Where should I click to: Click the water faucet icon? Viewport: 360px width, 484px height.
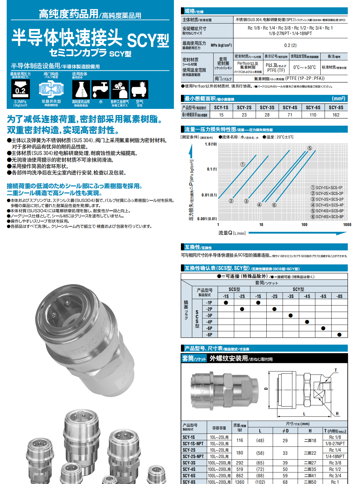(100, 89)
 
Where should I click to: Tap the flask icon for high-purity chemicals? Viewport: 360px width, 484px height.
(81, 89)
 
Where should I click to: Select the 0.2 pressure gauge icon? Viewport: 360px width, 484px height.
(20, 89)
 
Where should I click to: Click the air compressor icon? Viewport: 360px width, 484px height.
(139, 89)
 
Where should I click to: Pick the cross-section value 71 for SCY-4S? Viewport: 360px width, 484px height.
(290, 115)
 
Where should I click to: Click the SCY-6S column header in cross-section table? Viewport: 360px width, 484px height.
(313, 107)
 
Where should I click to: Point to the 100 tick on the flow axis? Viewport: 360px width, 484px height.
(304, 225)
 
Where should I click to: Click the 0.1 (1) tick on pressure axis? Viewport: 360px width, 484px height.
(211, 169)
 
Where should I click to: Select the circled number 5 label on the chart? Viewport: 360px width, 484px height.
(310, 148)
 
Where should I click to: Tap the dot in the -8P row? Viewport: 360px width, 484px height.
(339, 335)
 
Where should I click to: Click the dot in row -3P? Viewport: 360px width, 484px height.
(290, 315)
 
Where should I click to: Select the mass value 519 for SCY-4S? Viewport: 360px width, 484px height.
(239, 469)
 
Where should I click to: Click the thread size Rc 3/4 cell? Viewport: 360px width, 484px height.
(335, 476)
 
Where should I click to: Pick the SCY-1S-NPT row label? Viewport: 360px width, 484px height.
(193, 444)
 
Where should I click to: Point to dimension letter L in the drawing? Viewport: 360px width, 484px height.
(304, 414)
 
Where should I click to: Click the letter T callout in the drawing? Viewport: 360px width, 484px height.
(336, 371)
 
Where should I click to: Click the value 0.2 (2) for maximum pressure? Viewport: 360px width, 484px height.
(290, 45)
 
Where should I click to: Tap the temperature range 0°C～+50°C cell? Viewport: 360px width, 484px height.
(304, 67)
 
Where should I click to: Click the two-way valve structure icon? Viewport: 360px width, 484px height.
(51, 89)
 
